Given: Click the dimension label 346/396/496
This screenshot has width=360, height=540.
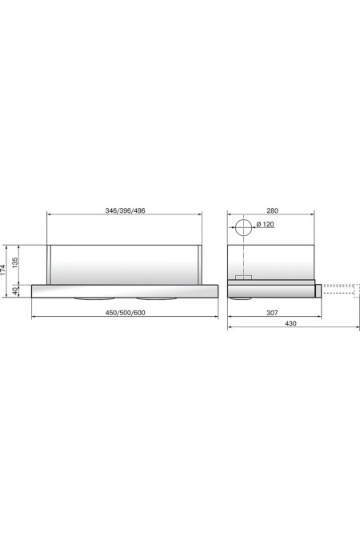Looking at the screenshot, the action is click(x=125, y=210).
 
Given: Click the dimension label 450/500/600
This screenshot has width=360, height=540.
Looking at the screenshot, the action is click(x=125, y=313).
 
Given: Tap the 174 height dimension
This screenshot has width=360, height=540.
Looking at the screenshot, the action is click(x=3, y=271).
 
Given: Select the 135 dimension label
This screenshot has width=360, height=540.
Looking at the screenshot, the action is click(x=15, y=262).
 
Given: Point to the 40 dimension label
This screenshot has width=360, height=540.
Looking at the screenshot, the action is click(x=15, y=290).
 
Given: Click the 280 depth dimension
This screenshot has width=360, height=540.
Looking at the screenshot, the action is click(x=272, y=210).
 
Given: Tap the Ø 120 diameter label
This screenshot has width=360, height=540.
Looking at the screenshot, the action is click(x=265, y=225).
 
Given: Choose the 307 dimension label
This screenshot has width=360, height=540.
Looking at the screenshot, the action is click(x=272, y=313).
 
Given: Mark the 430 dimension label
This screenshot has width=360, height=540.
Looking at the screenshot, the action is click(x=290, y=323).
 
